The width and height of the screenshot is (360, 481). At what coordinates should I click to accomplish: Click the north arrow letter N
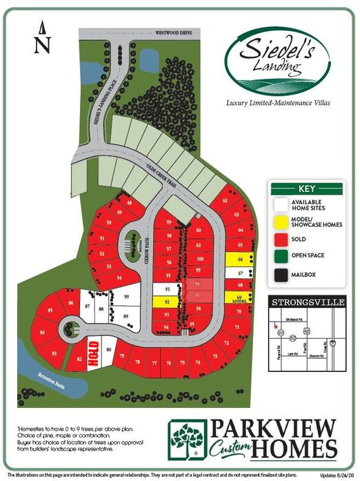(42, 46)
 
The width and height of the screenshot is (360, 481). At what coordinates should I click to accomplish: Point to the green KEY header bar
(306, 188)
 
